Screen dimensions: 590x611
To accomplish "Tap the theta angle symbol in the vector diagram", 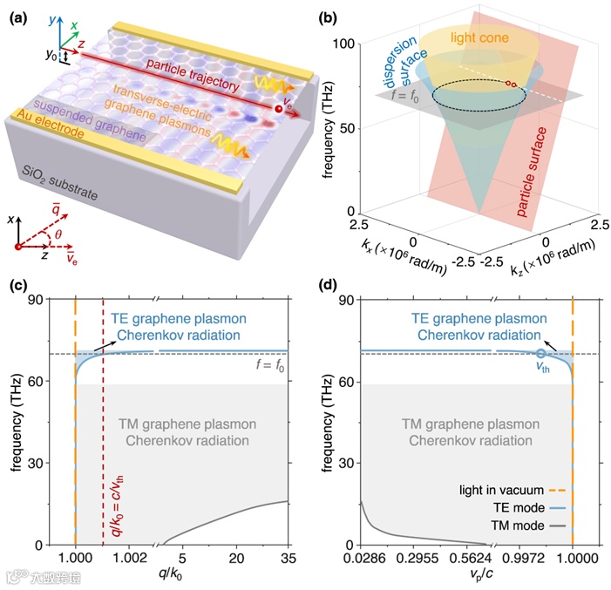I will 60,235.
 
